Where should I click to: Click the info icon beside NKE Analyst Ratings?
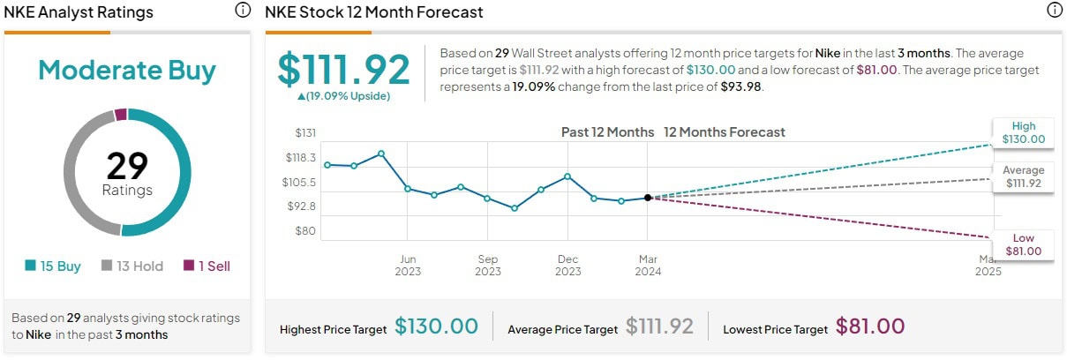243,11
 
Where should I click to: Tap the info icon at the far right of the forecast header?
1054,11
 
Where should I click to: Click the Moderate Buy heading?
127,71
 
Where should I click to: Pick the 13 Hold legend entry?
132,266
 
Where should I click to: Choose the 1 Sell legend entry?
207,266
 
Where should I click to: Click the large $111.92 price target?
344,70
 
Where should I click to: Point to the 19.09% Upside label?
343,96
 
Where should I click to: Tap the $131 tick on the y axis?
305,133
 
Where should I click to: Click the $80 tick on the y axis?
305,230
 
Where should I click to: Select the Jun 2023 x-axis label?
408,265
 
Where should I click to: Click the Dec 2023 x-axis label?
567,265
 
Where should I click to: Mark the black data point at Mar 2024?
648,199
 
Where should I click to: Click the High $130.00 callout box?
1024,132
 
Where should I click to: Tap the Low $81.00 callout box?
1024,244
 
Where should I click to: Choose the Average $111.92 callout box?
1024,176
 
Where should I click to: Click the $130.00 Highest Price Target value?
436,326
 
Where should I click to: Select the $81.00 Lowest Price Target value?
870,326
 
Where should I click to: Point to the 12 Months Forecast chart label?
724,132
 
